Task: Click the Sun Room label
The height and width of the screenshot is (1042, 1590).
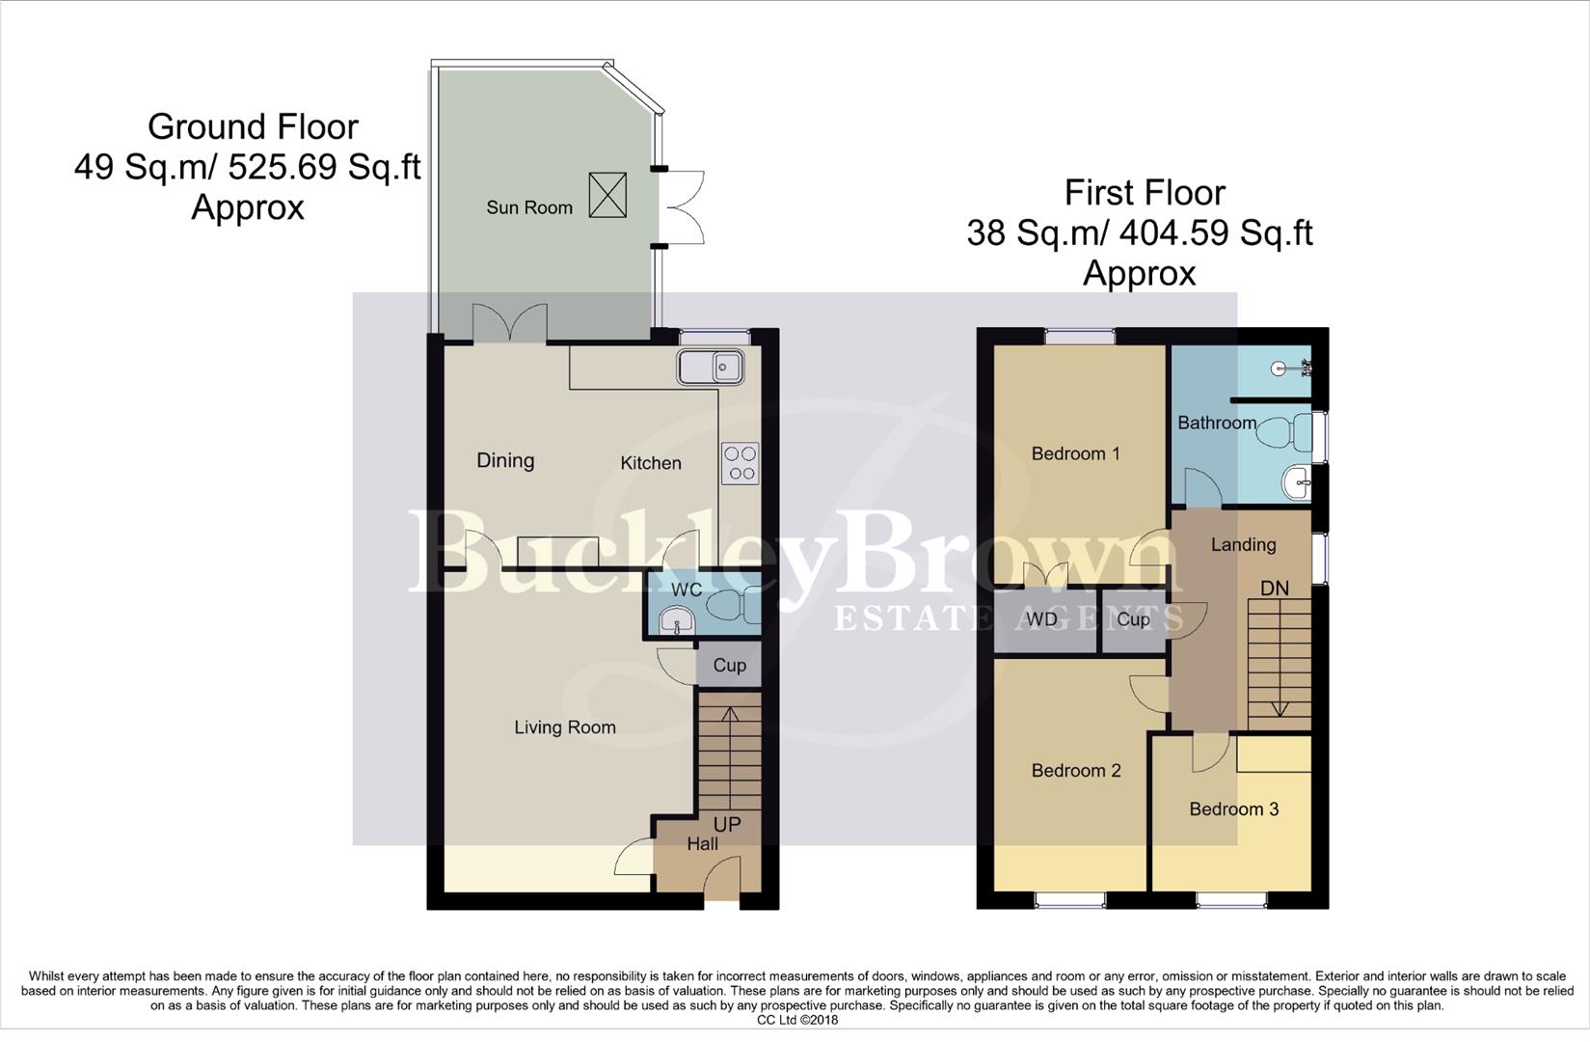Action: coord(528,207)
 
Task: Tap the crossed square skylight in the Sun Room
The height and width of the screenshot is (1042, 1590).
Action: coord(607,195)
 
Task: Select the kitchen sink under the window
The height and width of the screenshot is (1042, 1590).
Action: coord(709,368)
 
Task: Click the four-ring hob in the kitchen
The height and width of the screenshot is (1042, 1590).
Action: coord(740,463)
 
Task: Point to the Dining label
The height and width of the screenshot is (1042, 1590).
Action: coord(505,460)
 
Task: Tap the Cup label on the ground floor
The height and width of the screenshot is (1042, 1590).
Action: coord(729,666)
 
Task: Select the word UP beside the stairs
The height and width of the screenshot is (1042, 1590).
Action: coord(727,825)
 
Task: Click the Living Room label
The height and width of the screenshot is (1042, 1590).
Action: coord(564,727)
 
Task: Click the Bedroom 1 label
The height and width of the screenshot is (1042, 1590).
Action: coord(1075,453)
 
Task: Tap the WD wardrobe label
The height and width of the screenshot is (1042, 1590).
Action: coord(1041,620)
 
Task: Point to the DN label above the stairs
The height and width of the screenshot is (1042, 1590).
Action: coord(1274,589)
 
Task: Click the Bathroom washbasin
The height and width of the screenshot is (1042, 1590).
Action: coord(1297,481)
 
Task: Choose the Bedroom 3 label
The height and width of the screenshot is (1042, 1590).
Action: coord(1233,809)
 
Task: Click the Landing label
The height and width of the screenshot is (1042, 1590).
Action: coord(1243,545)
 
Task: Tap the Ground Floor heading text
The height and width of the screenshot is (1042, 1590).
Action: coord(253,127)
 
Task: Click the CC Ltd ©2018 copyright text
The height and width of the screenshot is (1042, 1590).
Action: coord(796,1020)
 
